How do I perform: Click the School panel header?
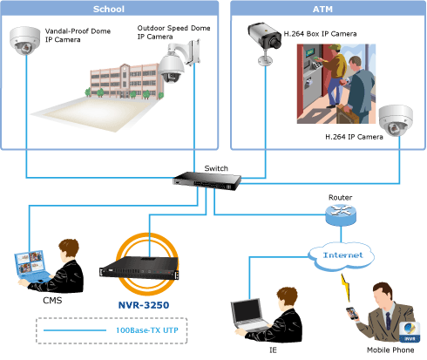click(109, 9)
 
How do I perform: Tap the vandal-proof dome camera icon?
click(24, 41)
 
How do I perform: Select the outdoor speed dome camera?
click(179, 61)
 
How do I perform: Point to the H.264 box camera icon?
click(264, 43)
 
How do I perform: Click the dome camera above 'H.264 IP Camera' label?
click(396, 120)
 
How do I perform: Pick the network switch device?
click(207, 181)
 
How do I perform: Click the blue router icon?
click(341, 215)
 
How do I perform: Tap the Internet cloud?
click(342, 256)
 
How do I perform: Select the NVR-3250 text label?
click(144, 305)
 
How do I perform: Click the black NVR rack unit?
click(139, 268)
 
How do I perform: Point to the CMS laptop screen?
click(30, 262)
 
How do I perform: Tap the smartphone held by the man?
click(352, 314)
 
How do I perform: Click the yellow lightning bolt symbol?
click(345, 287)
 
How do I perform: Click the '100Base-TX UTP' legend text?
click(147, 330)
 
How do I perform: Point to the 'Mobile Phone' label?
click(390, 350)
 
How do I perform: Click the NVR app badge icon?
click(410, 332)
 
